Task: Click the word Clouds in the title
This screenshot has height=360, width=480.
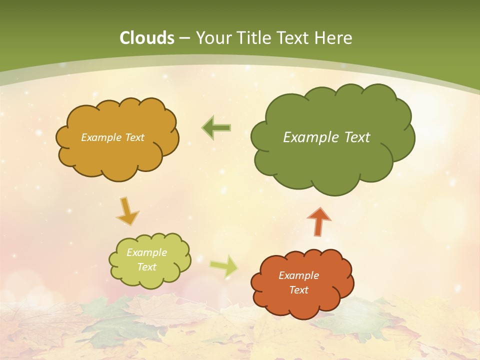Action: pos(146,38)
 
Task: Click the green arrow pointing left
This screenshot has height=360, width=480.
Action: pos(216,127)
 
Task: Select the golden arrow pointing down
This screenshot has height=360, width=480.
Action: pos(127,210)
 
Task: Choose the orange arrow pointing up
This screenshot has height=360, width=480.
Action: pos(319,220)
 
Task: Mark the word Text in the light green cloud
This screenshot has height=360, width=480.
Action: pos(147,267)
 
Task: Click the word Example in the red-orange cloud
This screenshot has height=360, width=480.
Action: pos(298,275)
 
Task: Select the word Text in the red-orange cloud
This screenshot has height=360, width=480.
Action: pos(298,290)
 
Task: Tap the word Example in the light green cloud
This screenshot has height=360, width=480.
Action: pos(147,252)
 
